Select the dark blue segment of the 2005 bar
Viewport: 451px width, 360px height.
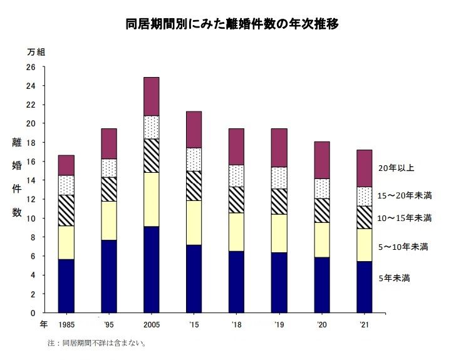click(x=151, y=269)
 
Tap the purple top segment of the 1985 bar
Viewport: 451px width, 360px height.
click(x=66, y=165)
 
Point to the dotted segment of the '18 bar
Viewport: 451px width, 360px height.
click(x=236, y=175)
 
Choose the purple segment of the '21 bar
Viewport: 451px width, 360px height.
click(x=364, y=168)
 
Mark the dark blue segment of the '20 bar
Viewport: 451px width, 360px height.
click(x=321, y=284)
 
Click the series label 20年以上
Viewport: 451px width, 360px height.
click(x=396, y=168)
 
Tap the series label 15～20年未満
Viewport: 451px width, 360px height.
click(x=405, y=196)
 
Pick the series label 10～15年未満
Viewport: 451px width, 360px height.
click(x=405, y=218)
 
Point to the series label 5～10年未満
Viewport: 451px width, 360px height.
click(x=403, y=247)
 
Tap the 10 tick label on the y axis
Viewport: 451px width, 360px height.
click(x=31, y=218)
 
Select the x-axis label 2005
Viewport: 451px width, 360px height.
click(x=151, y=325)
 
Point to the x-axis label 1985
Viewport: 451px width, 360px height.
click(x=66, y=325)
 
